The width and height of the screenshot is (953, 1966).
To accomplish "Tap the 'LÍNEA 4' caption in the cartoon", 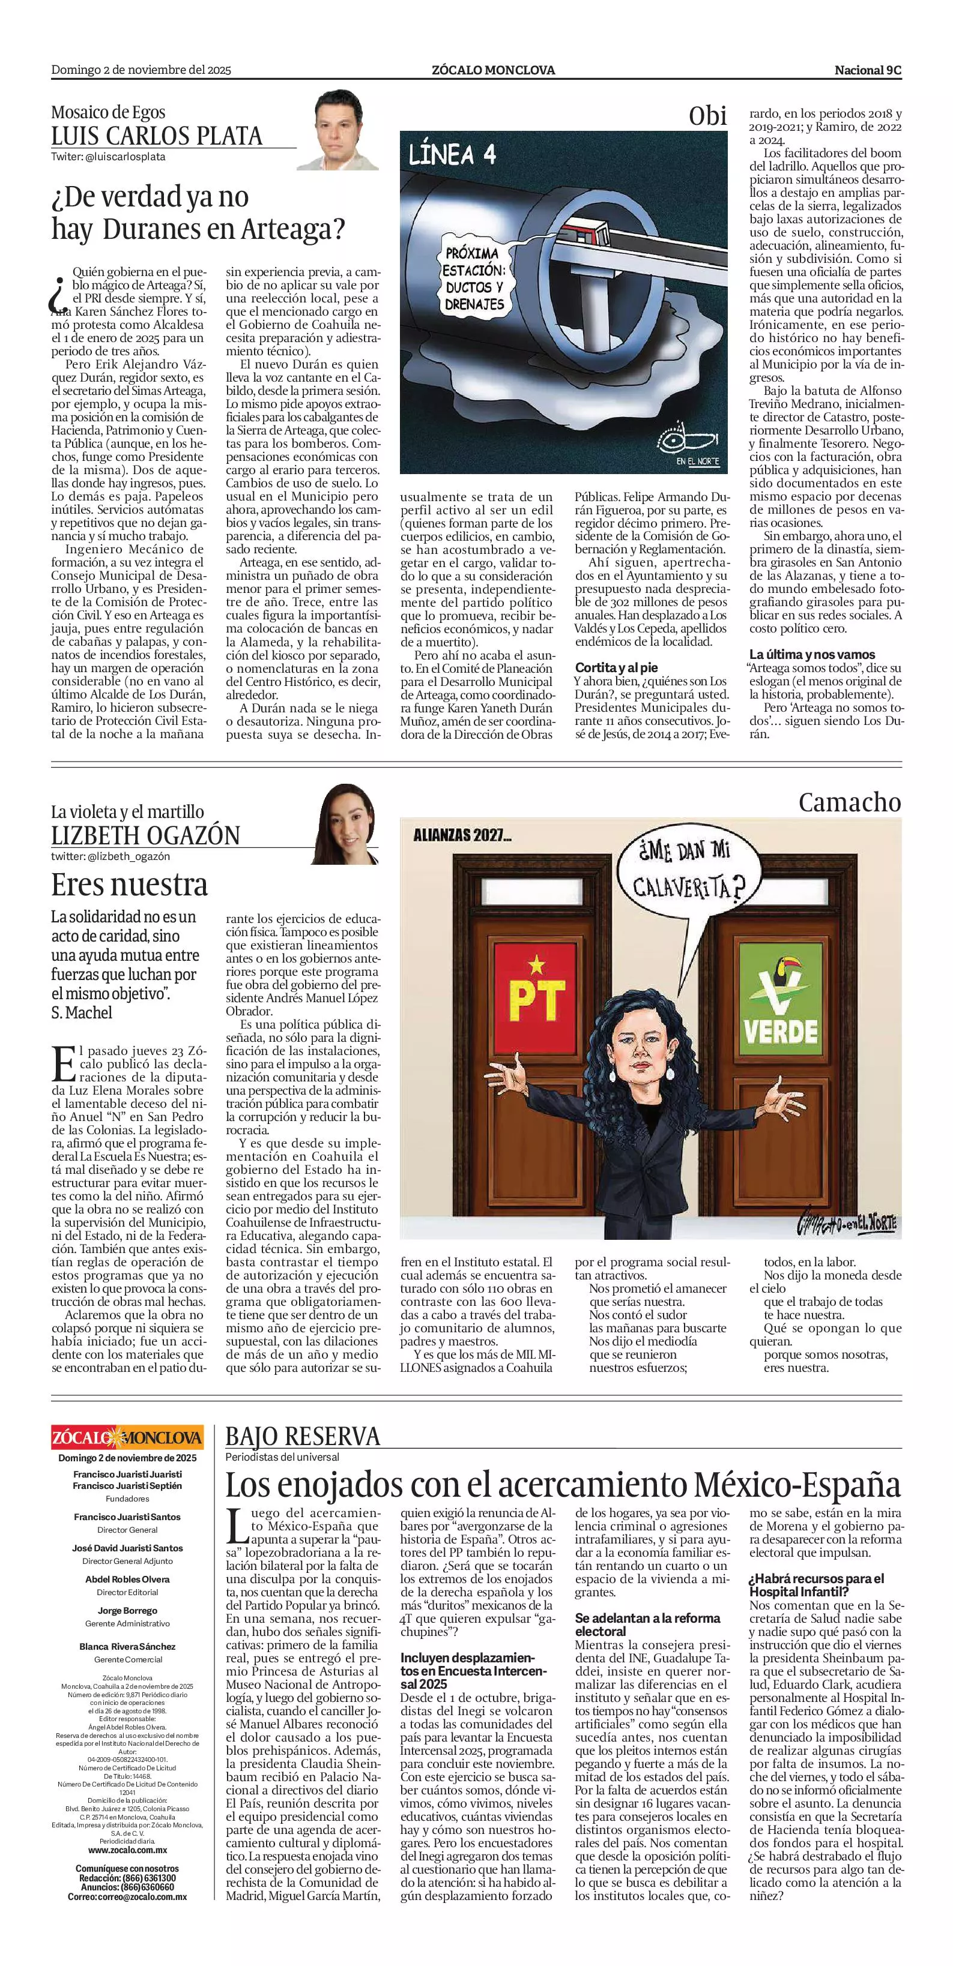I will click(x=453, y=155).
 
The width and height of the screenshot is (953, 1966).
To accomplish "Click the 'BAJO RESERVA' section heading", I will click(x=303, y=1437).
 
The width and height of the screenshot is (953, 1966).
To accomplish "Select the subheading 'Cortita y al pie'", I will click(x=616, y=668).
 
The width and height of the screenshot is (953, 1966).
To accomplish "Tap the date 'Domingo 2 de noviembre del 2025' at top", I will click(x=141, y=70).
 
